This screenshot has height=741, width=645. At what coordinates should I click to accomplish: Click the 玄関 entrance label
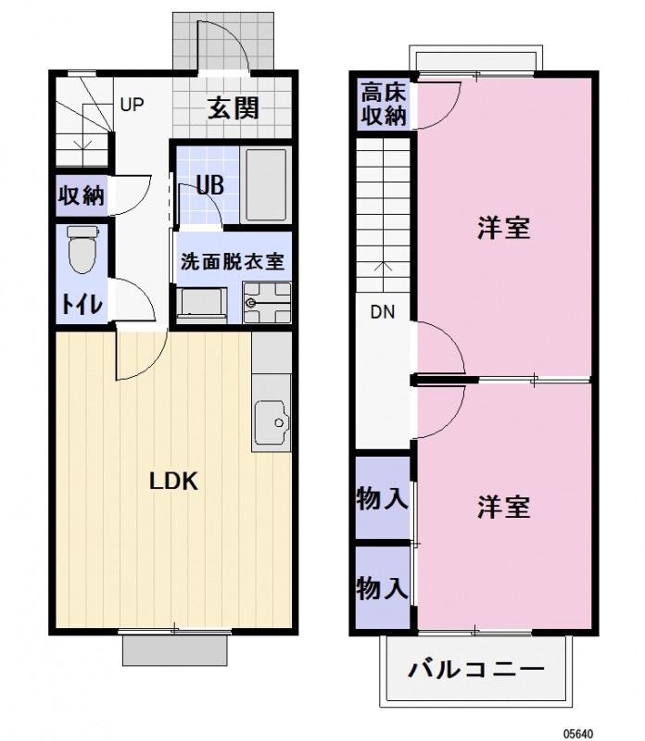233,108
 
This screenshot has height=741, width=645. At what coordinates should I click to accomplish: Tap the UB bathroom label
210,185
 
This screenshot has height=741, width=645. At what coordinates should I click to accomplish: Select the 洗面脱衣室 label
232,261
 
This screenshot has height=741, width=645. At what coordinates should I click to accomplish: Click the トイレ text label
82,304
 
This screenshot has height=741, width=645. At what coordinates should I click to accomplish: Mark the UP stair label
132,104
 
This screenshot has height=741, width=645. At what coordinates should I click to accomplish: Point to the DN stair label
383,312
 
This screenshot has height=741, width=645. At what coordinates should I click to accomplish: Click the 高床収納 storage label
383,104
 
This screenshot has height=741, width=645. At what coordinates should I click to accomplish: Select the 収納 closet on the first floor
82,195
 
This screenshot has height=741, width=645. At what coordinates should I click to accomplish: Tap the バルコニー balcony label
475,669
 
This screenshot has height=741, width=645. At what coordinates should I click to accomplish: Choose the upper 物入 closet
382,499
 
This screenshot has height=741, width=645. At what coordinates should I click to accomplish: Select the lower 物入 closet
382,587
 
